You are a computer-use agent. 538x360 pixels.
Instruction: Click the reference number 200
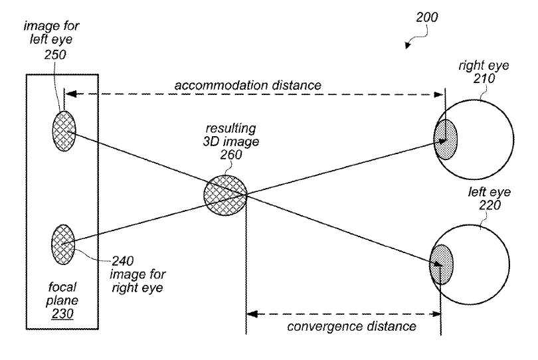point(427,17)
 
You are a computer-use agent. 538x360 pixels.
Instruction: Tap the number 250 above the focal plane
point(55,54)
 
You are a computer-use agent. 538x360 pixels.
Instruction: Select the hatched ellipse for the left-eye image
point(64,131)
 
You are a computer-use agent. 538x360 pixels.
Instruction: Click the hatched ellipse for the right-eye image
point(63,244)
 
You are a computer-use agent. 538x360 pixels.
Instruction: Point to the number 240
point(122,261)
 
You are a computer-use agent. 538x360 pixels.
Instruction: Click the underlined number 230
point(62,314)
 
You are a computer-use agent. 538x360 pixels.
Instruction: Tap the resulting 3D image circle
point(225,195)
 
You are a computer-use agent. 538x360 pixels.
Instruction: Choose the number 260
point(231,155)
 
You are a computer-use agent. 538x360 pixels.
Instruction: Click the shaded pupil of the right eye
point(446,139)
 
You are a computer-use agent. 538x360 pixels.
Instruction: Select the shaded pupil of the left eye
point(441,264)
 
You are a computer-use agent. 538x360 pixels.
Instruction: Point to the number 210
point(484,78)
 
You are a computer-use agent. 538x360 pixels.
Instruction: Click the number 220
point(490,205)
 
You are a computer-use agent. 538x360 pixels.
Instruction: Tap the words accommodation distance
point(248,85)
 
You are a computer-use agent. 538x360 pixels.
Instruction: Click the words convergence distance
point(351,326)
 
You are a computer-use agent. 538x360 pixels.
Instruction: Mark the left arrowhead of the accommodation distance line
point(70,94)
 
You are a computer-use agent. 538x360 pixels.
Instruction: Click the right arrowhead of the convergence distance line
point(436,314)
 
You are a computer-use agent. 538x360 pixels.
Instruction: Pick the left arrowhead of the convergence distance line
point(252,314)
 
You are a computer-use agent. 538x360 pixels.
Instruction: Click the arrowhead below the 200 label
point(407,45)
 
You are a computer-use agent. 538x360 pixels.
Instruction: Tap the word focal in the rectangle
point(62,286)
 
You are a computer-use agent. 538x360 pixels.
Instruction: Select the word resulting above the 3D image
point(230,128)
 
